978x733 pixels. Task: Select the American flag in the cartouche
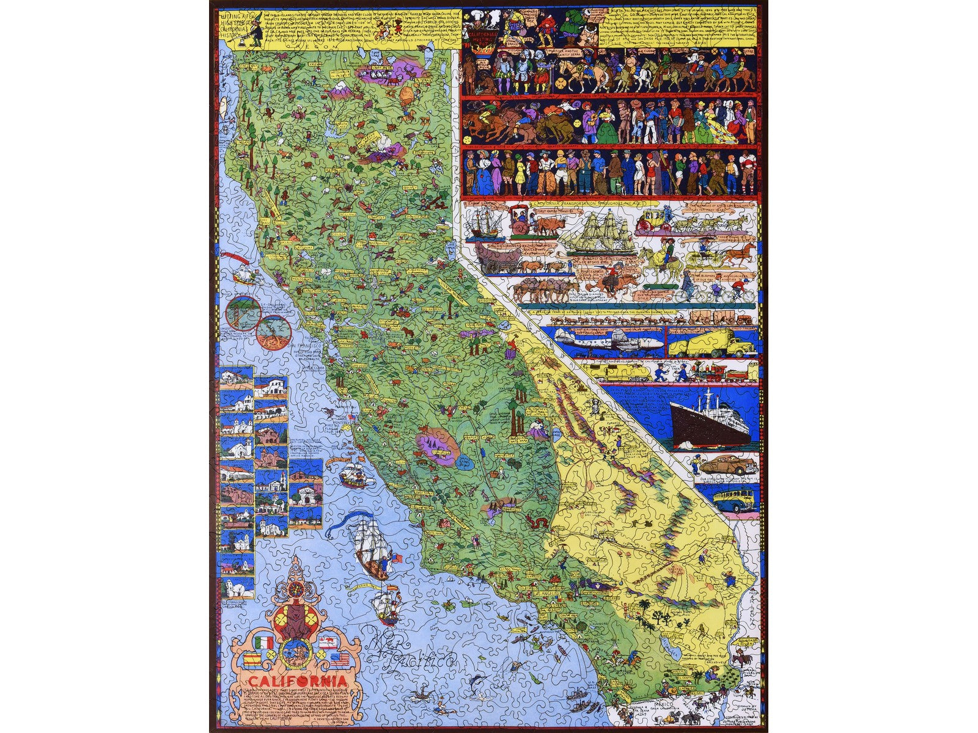pyautogui.click(x=340, y=658)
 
